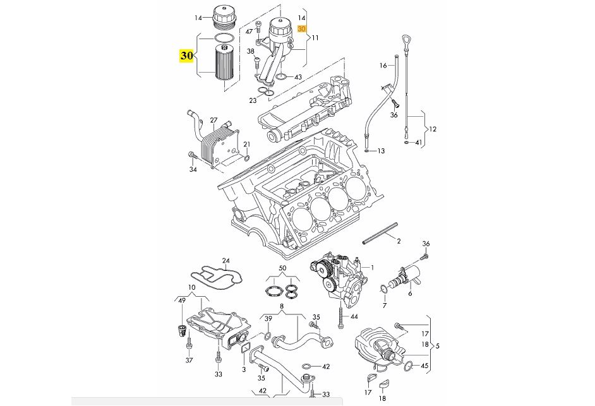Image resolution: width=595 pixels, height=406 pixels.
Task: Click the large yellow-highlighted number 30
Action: coord(186,56)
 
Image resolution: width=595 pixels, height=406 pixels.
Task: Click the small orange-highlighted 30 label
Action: coord(301,29)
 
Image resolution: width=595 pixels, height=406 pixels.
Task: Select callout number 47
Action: coord(249,31)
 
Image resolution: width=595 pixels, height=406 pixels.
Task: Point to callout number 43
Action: coord(298,77)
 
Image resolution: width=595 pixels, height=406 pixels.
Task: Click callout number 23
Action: coord(253,100)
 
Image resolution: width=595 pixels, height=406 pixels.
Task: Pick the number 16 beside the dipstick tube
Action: coord(383,66)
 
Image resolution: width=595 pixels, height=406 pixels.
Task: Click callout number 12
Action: coord(433,129)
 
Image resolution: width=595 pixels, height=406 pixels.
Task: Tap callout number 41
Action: coord(418,143)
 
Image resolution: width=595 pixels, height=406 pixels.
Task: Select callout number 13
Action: coord(381,152)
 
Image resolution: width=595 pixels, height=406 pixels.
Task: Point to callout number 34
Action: coord(193,169)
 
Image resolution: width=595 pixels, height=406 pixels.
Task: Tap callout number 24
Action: coord(225,260)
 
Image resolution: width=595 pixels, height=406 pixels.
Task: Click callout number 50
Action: coord(282,269)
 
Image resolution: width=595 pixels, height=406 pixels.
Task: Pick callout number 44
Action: coord(354,316)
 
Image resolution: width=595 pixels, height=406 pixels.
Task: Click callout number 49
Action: coord(183,300)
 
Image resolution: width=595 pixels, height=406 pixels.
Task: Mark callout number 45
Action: coord(424,366)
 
